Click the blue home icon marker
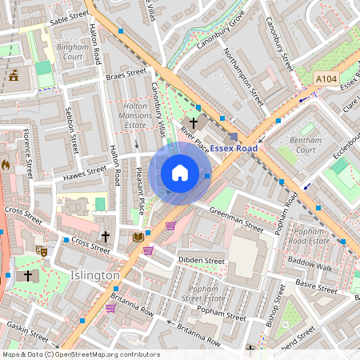point(180,172)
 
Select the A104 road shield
point(326,78)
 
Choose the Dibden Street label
point(201,261)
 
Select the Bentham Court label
point(305,145)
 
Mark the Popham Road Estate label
point(307,235)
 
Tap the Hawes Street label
point(86,171)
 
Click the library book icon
point(138,237)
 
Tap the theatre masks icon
point(42,251)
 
